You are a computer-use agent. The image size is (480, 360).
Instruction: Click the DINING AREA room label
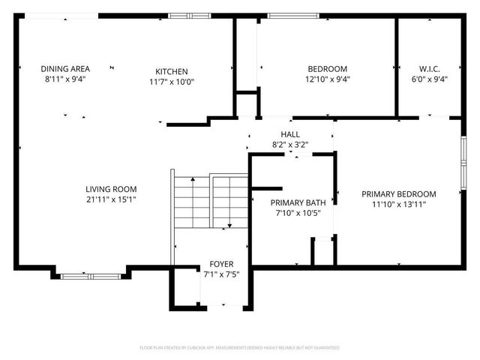(x=64, y=69)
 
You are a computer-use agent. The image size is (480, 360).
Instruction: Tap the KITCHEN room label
(x=172, y=72)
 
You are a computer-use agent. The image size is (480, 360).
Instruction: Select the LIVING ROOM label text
(x=110, y=190)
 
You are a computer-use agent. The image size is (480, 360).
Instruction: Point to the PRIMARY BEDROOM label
(x=398, y=193)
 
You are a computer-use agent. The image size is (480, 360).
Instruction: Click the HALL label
(x=289, y=134)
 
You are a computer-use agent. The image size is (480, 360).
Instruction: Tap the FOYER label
(x=220, y=265)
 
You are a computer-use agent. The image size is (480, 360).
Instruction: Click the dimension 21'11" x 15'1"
(x=110, y=199)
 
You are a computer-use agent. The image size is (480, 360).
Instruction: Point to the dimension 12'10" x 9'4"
(x=327, y=79)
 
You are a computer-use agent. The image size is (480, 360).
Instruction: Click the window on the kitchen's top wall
(x=183, y=15)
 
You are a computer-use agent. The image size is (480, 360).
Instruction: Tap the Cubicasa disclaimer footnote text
(x=240, y=348)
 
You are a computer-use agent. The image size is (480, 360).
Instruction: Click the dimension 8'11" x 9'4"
(x=64, y=79)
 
